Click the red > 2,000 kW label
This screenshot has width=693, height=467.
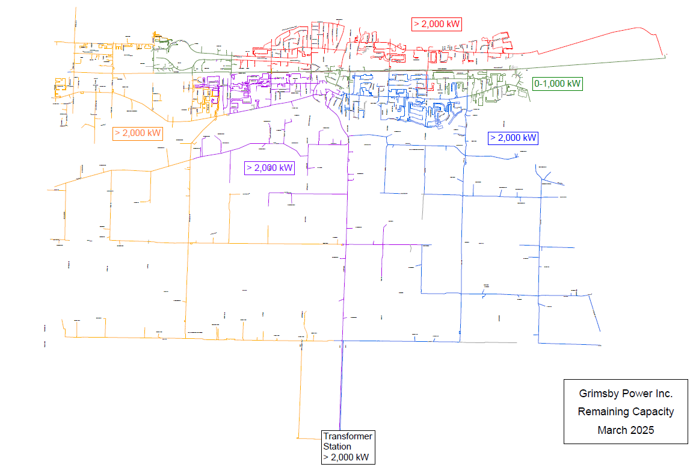tap(437, 25)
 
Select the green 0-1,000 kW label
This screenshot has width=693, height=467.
tap(558, 84)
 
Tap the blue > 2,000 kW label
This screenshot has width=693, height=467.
tap(513, 138)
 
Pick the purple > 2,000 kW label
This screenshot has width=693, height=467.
tap(269, 168)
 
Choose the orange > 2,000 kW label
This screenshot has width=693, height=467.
tap(138, 133)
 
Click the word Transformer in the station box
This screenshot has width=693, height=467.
tap(348, 436)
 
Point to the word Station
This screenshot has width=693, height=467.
tap(337, 447)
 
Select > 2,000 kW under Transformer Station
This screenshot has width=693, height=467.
tap(346, 457)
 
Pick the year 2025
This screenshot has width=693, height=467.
tap(642, 430)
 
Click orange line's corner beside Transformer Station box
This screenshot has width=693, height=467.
tap(300, 438)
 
